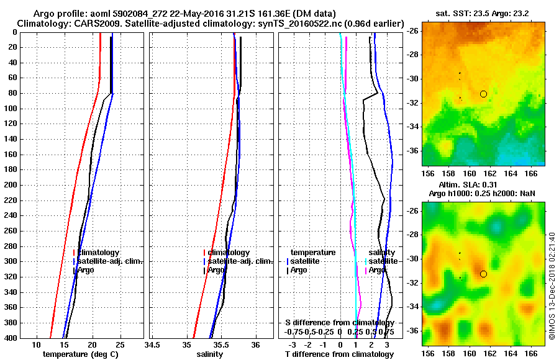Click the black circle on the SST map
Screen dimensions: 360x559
483,94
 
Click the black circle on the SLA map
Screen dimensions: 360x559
483,274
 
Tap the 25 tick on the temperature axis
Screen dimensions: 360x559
120,345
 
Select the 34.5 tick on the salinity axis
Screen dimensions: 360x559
152,345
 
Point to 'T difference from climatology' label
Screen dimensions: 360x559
339,354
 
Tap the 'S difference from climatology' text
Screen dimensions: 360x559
340,323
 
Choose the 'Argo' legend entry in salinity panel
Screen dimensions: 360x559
217,270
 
